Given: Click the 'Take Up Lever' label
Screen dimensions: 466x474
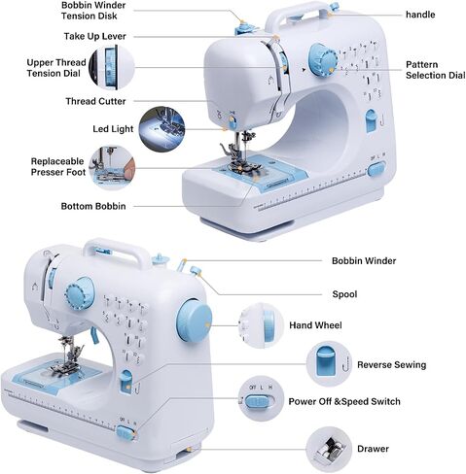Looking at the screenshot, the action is click(x=94, y=36).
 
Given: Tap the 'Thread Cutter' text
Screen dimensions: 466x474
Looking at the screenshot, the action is click(x=95, y=101).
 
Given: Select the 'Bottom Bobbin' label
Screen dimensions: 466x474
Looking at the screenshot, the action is click(x=93, y=206).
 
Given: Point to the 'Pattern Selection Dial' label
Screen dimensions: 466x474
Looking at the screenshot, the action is click(x=436, y=70).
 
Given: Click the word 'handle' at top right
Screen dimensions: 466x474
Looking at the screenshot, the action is click(x=420, y=15).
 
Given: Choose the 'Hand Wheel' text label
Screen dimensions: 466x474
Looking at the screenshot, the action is click(x=315, y=325).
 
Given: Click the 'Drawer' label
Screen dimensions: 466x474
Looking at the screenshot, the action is click(x=373, y=449).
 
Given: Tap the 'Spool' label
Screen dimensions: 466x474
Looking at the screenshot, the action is click(x=344, y=294).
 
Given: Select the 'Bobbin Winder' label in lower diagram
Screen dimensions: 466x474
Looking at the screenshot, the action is click(x=364, y=261).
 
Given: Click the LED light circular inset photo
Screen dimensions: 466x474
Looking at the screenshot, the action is click(x=161, y=128).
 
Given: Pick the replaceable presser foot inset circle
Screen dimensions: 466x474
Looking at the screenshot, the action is click(x=112, y=168).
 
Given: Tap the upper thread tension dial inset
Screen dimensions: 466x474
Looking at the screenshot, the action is click(x=112, y=67).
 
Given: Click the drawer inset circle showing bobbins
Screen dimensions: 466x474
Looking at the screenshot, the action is click(x=329, y=449).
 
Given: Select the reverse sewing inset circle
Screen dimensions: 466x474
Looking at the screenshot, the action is click(x=329, y=364).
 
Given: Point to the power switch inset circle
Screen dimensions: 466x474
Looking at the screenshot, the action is click(x=262, y=399).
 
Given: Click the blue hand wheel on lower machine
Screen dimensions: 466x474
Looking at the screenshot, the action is click(x=195, y=322).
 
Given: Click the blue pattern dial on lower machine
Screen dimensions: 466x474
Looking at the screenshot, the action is click(x=80, y=293).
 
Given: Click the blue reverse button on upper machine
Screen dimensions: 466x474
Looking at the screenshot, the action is click(x=371, y=120).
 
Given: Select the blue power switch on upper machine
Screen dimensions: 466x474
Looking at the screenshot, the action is click(x=376, y=169).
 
